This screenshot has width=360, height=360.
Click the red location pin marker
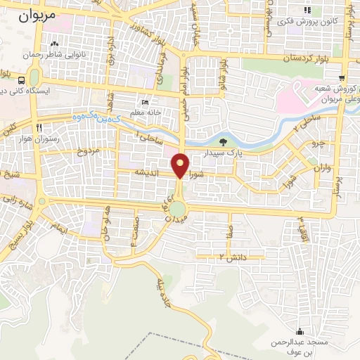pos(181,165)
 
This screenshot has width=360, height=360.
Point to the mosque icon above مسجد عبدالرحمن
pos(301,331)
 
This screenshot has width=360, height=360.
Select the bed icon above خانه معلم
pos(145,102)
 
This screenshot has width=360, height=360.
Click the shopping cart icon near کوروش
pos(342,79)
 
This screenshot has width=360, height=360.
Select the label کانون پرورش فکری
pos(307,22)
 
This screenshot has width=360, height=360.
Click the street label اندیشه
pos(150,172)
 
